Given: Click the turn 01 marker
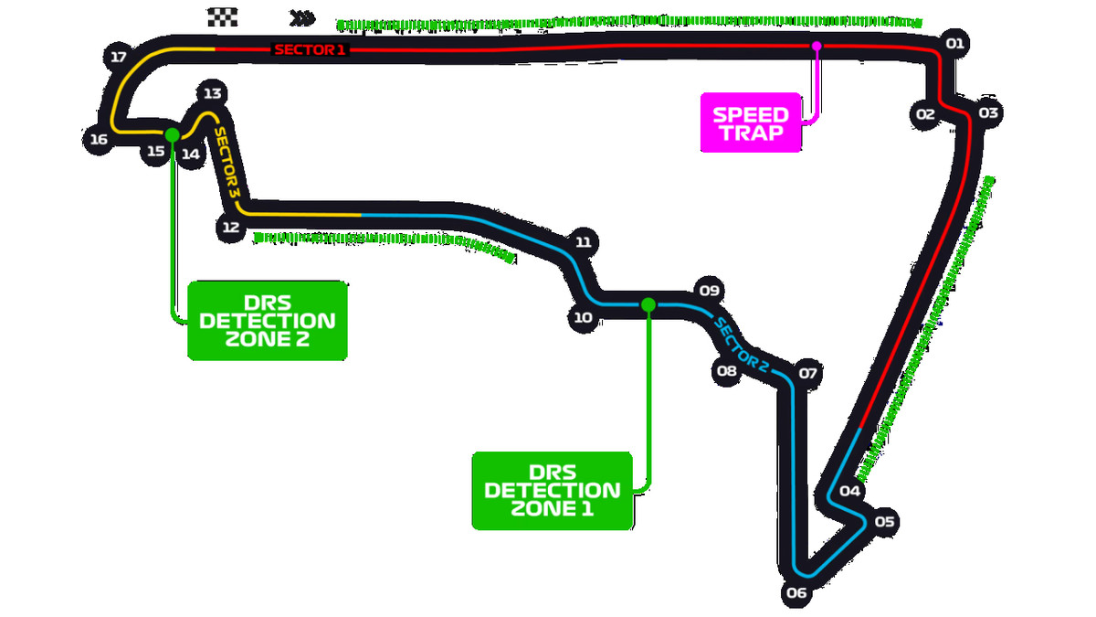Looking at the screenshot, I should click(x=955, y=43).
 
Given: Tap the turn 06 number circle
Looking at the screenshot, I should click(x=796, y=592).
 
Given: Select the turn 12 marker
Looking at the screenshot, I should click(x=230, y=227).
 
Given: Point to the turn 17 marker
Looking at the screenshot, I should click(x=118, y=58).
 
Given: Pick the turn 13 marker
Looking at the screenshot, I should click(x=212, y=93).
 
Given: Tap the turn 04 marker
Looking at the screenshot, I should click(x=850, y=492).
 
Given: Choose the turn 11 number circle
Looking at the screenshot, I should click(x=585, y=242).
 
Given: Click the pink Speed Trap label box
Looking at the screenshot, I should click(x=750, y=122).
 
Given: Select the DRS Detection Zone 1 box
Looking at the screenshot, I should click(x=552, y=490).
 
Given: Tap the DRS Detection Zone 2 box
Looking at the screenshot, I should click(x=267, y=320).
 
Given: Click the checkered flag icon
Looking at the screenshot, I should click(x=223, y=16).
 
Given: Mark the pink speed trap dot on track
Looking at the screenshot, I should click(x=817, y=45).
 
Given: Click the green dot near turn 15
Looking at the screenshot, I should click(x=172, y=135).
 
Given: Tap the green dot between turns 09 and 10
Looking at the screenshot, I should click(x=648, y=303).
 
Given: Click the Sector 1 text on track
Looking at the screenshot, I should click(x=311, y=49).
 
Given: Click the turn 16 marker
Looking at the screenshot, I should click(x=99, y=140).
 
